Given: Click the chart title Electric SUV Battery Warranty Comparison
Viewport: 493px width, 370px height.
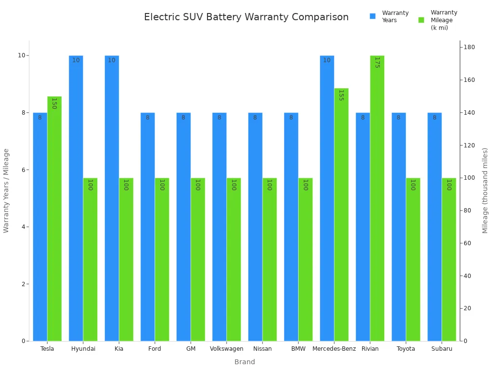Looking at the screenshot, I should point(246,17).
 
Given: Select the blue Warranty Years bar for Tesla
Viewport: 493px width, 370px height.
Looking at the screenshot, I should point(40,226).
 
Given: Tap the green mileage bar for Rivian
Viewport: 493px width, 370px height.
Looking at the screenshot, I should point(377,198).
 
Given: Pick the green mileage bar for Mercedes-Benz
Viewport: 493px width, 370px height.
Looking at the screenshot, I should point(341,214).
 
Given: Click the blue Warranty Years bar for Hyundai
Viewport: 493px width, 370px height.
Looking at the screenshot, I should point(76,198).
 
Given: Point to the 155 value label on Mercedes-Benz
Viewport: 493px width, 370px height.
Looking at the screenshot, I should point(341,95).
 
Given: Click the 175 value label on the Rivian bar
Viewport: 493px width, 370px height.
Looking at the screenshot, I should point(377,62).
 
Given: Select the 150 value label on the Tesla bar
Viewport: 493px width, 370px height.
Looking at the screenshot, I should point(54,103).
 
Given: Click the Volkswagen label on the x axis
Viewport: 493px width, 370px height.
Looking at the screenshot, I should point(226,349).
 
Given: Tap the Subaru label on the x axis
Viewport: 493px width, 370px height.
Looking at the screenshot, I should point(441,349).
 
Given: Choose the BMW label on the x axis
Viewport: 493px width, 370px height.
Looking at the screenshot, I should point(298,349).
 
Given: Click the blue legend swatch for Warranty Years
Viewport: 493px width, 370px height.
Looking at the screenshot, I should point(373,16).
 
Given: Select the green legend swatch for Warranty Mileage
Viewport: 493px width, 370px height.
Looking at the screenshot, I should point(421,20).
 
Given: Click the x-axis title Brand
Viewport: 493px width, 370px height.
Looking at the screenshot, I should point(245,362).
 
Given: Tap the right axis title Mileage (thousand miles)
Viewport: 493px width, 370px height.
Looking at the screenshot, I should point(485,190).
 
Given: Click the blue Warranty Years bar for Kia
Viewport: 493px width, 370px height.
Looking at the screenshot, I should point(112,198).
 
